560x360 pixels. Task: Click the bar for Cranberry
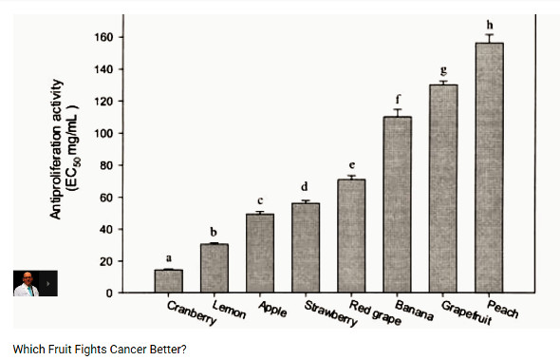pyautogui.click(x=169, y=281)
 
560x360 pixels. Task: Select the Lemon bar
pyautogui.click(x=215, y=268)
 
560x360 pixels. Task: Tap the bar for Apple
pyautogui.click(x=260, y=253)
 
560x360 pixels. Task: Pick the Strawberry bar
pyautogui.click(x=306, y=248)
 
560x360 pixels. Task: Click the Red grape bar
pyautogui.click(x=351, y=236)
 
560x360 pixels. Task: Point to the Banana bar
pyautogui.click(x=398, y=204)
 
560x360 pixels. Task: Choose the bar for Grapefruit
pyautogui.click(x=443, y=189)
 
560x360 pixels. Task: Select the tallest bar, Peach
pyautogui.click(x=489, y=168)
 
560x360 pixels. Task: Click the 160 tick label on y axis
pyautogui.click(x=103, y=37)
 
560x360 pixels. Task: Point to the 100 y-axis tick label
pyautogui.click(x=103, y=133)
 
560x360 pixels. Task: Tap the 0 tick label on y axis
pyautogui.click(x=109, y=294)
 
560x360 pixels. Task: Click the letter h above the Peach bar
pyautogui.click(x=490, y=25)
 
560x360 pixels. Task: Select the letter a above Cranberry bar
pyautogui.click(x=169, y=257)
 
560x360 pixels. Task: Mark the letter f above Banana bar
pyautogui.click(x=398, y=99)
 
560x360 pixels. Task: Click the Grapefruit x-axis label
pyautogui.click(x=466, y=313)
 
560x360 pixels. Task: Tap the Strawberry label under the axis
pyautogui.click(x=330, y=313)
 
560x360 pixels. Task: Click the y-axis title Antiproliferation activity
pyautogui.click(x=56, y=149)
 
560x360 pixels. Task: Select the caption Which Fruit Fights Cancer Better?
pyautogui.click(x=100, y=350)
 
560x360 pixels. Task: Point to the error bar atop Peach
pyautogui.click(x=489, y=39)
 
